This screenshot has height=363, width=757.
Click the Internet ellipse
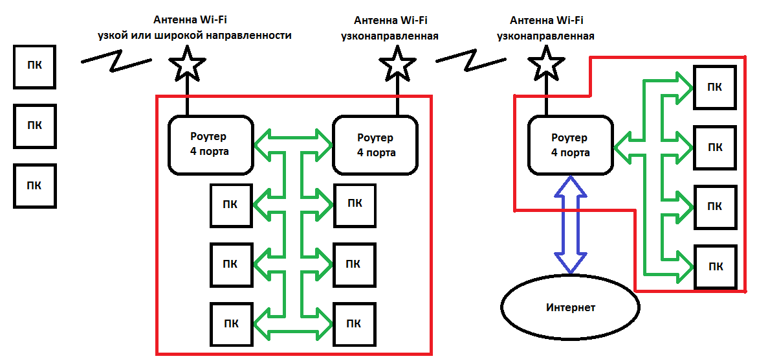coord(569,307)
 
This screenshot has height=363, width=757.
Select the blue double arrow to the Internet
coord(571,224)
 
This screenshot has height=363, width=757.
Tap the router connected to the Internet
coord(570,145)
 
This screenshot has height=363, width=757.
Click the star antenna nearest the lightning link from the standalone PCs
coord(188,64)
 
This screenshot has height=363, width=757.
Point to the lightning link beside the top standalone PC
coord(116,61)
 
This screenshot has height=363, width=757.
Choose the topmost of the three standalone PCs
coord(35,67)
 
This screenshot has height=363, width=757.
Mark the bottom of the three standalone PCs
coord(35,185)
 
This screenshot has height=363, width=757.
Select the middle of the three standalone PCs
coord(35,126)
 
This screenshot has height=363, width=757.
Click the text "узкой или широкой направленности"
coord(222,36)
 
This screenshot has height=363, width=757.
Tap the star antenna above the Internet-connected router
coord(547,64)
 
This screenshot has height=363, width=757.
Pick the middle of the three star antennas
coord(397,64)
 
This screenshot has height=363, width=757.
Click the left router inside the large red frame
coord(210,145)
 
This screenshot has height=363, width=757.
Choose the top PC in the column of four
coord(715,88)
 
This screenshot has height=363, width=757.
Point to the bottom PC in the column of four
coord(715,266)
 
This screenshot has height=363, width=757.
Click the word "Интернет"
coord(570,307)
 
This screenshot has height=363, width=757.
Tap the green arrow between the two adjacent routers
coord(293,137)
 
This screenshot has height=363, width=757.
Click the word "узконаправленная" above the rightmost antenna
coord(545,36)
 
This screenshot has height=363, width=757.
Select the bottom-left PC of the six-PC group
coord(230,323)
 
